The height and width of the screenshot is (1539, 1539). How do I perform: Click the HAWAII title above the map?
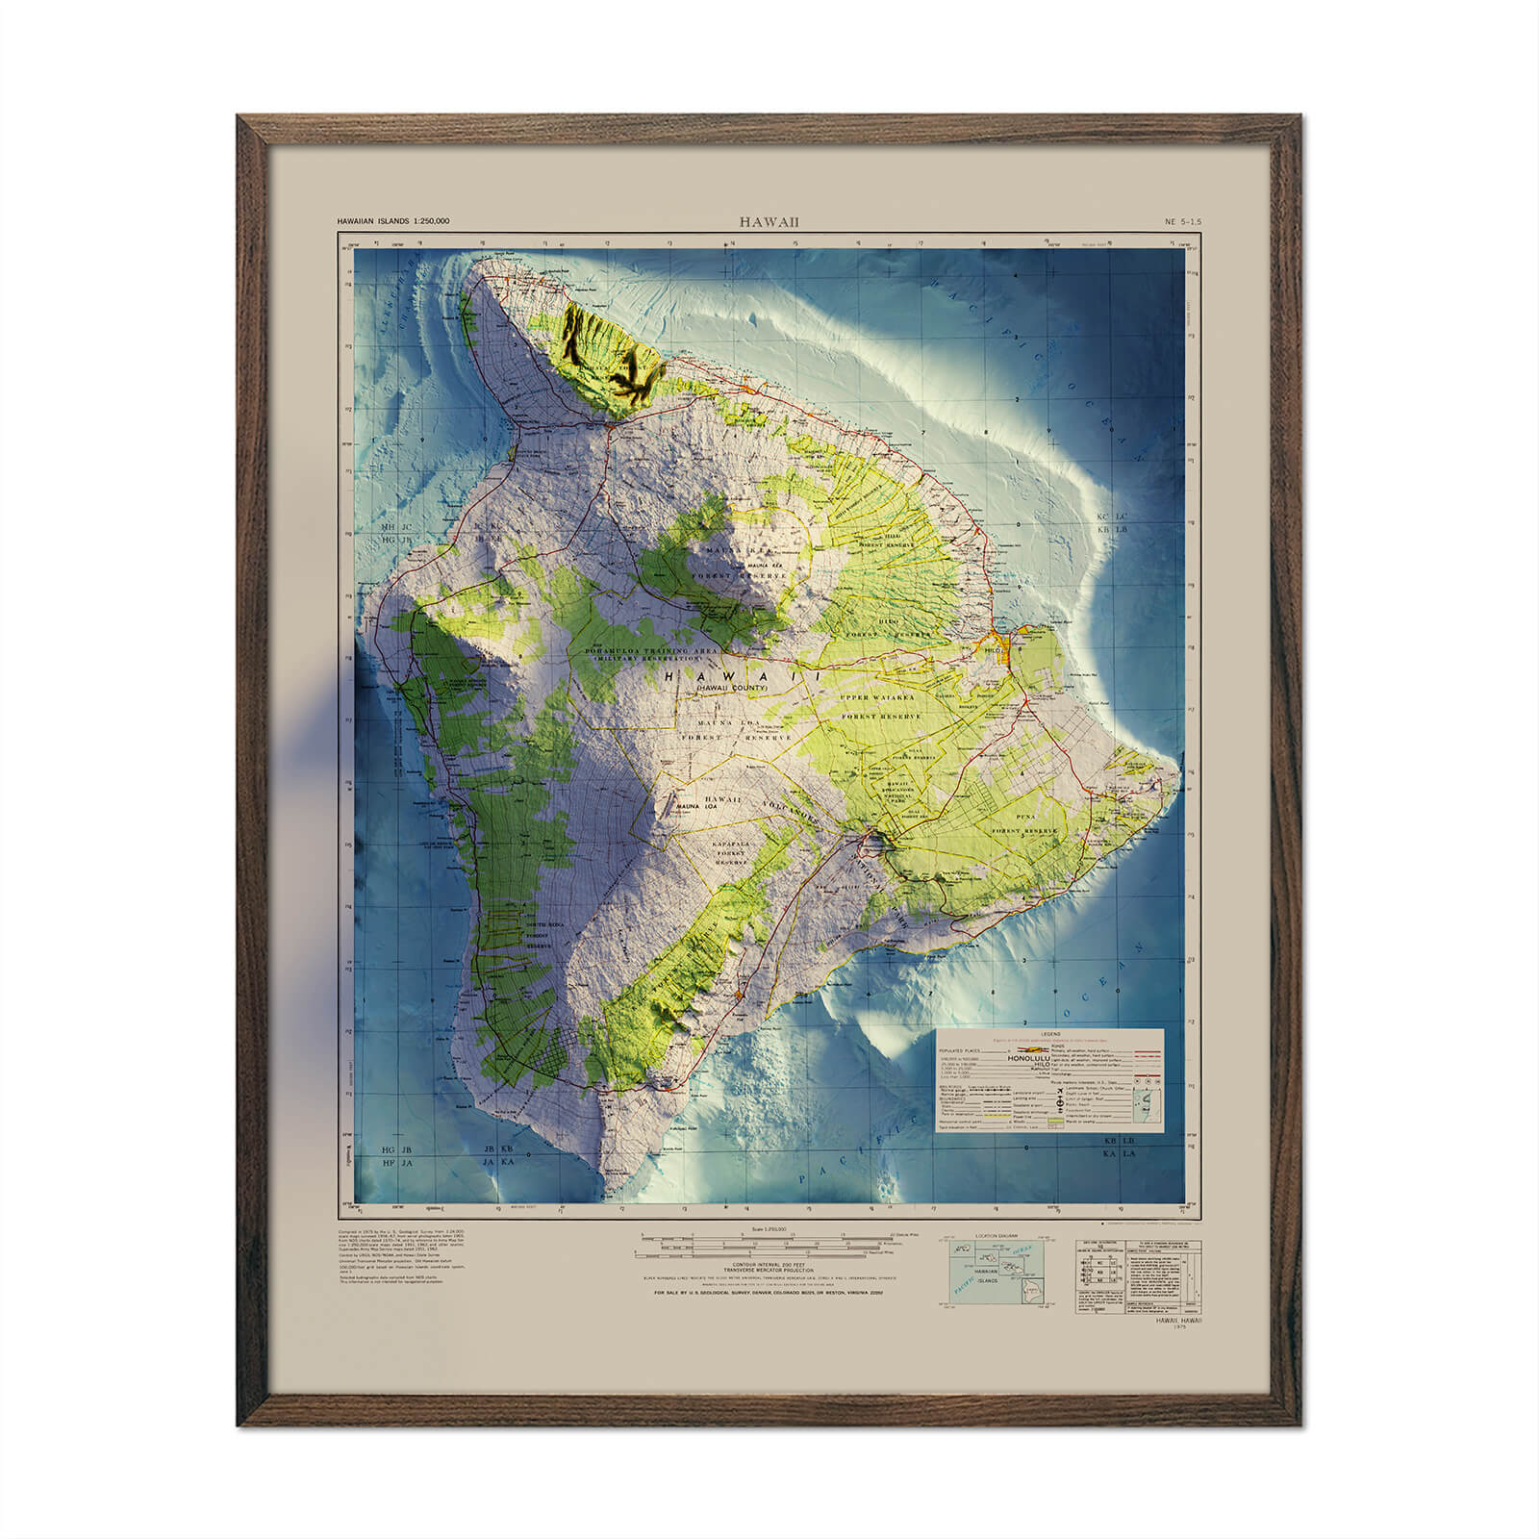[x=769, y=221]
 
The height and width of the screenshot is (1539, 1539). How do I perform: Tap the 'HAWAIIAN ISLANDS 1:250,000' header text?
[x=392, y=221]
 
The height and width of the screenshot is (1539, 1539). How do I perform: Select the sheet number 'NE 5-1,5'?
[x=1182, y=221]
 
